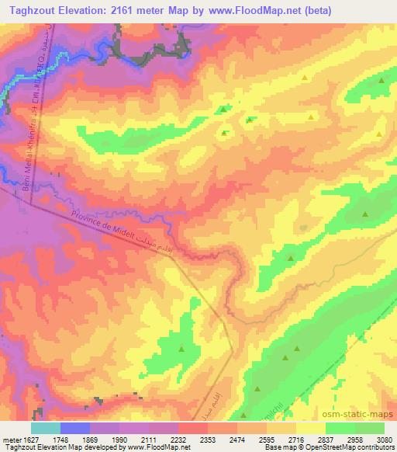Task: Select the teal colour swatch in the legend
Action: (x=46, y=427)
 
